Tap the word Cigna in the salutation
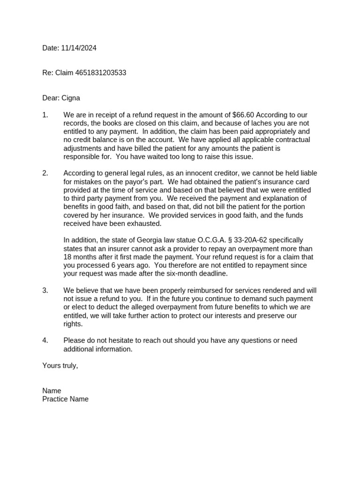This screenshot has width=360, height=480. pyautogui.click(x=71, y=98)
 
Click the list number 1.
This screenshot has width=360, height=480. pyautogui.click(x=45, y=115)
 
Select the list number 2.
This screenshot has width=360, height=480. pyautogui.click(x=45, y=173)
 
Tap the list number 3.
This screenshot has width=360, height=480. pyautogui.click(x=45, y=291)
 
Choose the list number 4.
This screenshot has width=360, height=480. pyautogui.click(x=45, y=340)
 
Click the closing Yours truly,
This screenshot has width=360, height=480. pyautogui.click(x=60, y=366)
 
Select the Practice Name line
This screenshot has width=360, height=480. pyautogui.click(x=65, y=399)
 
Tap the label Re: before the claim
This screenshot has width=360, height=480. pyautogui.click(x=48, y=73)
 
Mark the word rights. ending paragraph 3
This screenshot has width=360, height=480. pyautogui.click(x=73, y=324)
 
